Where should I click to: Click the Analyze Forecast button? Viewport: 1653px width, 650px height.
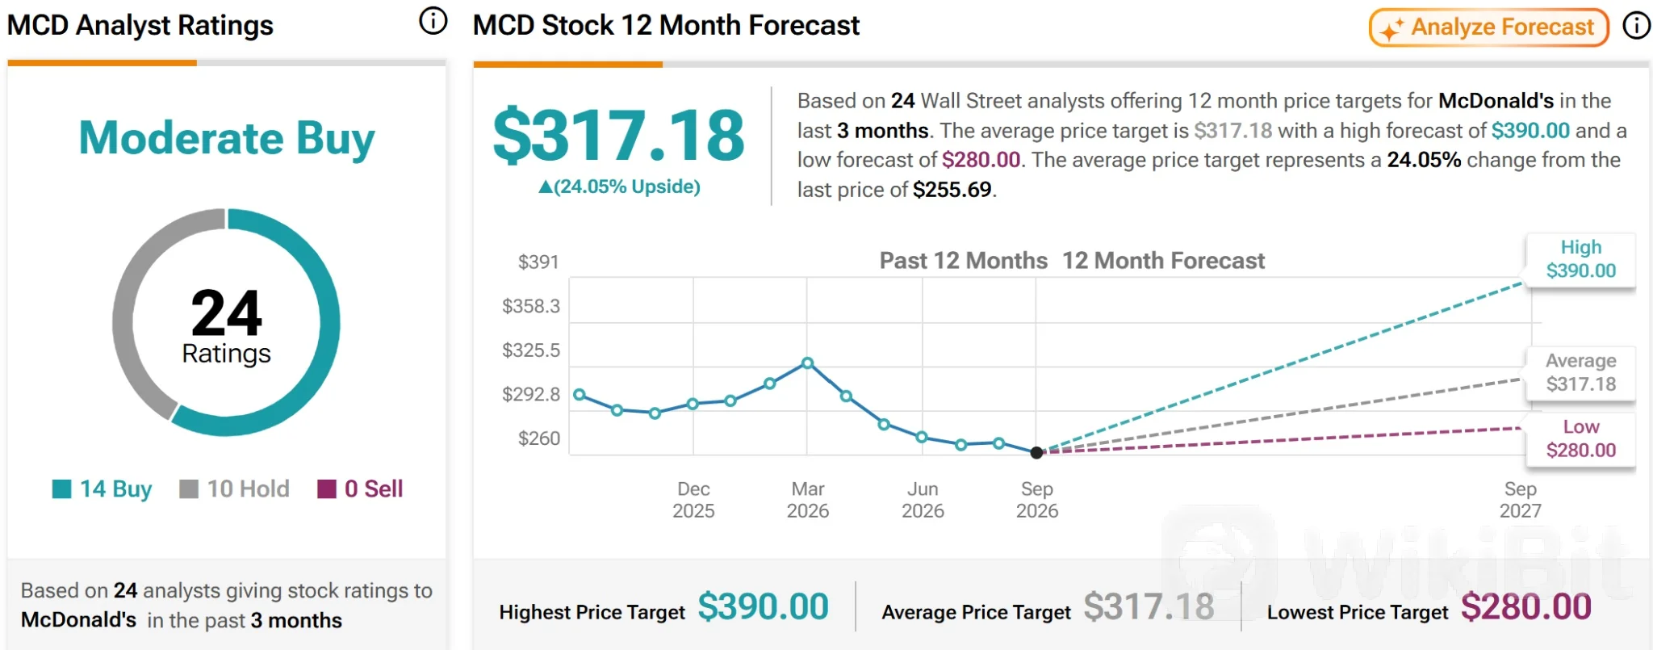[1489, 27]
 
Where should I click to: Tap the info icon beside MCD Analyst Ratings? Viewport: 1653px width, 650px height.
[433, 22]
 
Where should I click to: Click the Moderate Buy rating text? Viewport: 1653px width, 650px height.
[227, 138]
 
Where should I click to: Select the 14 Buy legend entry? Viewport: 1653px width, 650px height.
[103, 489]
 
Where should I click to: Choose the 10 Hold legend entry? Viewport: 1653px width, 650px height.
[234, 489]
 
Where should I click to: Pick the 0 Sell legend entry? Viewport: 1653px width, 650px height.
[360, 489]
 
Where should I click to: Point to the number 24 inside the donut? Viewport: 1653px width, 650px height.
[227, 313]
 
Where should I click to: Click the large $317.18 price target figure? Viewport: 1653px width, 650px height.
[619, 136]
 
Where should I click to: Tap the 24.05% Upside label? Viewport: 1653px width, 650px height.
[619, 187]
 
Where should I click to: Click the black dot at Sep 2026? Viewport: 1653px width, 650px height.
[1037, 452]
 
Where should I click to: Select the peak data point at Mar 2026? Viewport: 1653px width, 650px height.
[807, 363]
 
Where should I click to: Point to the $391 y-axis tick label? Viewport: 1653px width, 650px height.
[538, 262]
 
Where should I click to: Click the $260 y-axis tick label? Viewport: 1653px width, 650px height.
[538, 438]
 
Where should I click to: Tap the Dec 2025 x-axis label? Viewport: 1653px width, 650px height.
[693, 500]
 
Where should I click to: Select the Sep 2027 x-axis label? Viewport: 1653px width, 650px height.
[1521, 500]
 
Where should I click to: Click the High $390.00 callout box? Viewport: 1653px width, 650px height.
[1580, 259]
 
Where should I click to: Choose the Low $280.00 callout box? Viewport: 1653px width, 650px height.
[1580, 438]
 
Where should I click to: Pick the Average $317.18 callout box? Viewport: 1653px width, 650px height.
[1580, 372]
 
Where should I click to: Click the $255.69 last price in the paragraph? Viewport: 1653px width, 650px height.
[952, 190]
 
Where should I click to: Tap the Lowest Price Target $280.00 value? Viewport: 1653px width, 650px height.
[1526, 607]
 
